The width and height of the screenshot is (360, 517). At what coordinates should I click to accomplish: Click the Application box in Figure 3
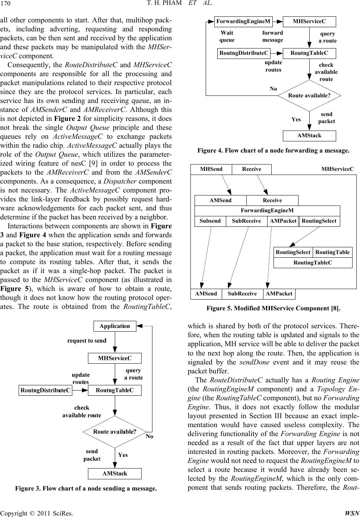tap(115, 326)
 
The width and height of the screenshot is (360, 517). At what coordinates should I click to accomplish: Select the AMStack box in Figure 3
tap(115, 473)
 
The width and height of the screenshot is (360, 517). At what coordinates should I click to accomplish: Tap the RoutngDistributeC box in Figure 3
tap(45, 391)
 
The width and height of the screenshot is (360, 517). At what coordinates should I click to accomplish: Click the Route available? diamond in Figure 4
tap(309, 95)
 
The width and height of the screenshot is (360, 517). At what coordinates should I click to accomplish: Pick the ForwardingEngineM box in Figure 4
tap(244, 22)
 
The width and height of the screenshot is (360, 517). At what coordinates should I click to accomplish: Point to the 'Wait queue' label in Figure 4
tap(227, 37)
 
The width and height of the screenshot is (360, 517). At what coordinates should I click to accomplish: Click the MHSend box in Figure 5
tap(211, 169)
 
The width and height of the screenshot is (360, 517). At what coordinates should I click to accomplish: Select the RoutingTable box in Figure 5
tap(332, 252)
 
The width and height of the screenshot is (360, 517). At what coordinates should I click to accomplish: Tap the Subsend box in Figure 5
tap(210, 221)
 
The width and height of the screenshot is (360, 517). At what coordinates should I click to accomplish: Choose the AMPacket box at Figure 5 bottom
tap(279, 294)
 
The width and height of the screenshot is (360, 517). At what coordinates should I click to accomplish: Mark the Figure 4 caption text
tap(273, 151)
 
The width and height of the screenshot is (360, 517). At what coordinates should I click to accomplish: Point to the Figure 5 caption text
tap(273, 308)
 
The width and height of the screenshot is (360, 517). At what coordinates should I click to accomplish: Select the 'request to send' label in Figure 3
tap(87, 341)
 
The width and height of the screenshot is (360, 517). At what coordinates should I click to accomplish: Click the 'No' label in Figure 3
tap(150, 436)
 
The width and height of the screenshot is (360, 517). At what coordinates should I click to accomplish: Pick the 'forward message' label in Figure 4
tap(272, 37)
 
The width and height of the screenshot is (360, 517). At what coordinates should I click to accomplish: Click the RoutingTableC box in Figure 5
tap(313, 263)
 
